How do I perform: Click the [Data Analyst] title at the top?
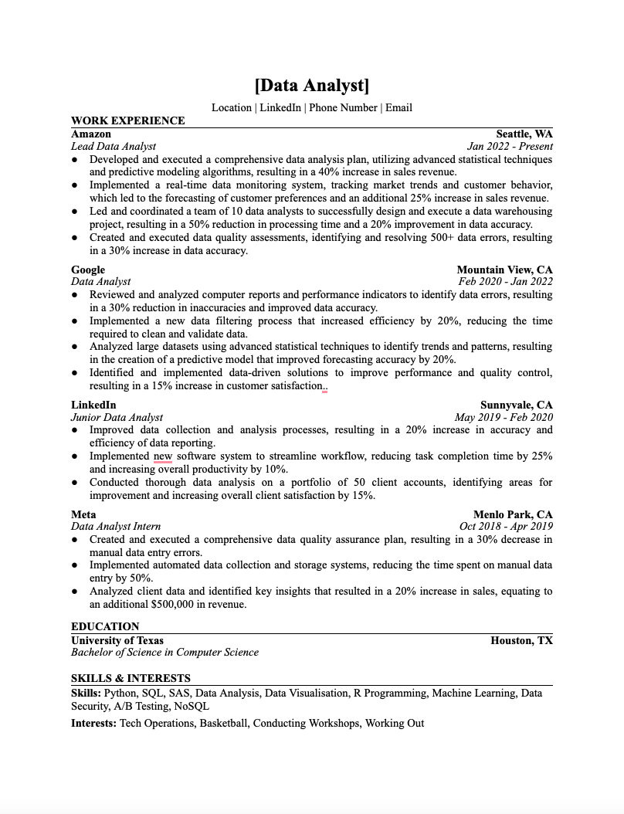(x=311, y=85)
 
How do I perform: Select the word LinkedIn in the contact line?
(x=280, y=107)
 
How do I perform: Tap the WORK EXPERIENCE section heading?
(x=127, y=120)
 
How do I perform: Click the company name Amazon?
(x=91, y=134)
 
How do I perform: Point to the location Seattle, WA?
(x=524, y=134)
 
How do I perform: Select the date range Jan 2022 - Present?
(x=510, y=146)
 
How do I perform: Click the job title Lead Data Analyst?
(x=114, y=146)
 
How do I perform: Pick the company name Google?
(x=88, y=270)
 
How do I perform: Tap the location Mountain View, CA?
(x=505, y=270)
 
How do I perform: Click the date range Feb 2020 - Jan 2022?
(x=506, y=282)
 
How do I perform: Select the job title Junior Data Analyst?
(x=117, y=418)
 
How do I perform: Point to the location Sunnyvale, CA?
(x=517, y=405)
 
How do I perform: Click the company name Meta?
(x=83, y=514)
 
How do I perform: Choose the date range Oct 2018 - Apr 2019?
(x=506, y=527)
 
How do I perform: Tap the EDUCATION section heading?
(x=105, y=626)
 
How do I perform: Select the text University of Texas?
(x=117, y=640)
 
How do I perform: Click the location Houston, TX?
(x=521, y=640)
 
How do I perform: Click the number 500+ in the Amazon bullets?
(x=441, y=238)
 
